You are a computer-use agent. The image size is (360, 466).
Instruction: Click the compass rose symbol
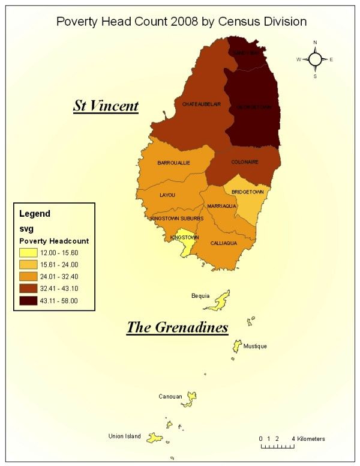pyautogui.click(x=315, y=59)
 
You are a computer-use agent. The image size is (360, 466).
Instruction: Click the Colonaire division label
pyautogui.click(x=245, y=162)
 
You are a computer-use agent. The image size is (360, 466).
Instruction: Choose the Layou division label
pyautogui.click(x=167, y=195)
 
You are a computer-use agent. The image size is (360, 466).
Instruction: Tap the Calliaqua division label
pyautogui.click(x=225, y=243)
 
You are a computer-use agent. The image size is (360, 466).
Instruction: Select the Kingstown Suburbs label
pyautogui.click(x=176, y=219)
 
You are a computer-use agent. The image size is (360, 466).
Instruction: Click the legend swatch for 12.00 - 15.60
pyautogui.click(x=28, y=252)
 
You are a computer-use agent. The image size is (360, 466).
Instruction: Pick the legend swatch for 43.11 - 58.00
pyautogui.click(x=28, y=301)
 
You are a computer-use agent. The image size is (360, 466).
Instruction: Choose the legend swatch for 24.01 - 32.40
pyautogui.click(x=28, y=276)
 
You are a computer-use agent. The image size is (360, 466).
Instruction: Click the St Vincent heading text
pyautogui.click(x=106, y=106)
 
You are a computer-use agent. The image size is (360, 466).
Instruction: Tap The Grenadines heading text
pyautogui.click(x=177, y=327)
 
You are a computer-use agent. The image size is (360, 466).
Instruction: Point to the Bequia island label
pyautogui.click(x=200, y=295)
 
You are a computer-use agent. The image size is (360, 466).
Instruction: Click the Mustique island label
pyautogui.click(x=255, y=346)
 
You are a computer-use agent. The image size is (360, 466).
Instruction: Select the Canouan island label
pyautogui.click(x=170, y=396)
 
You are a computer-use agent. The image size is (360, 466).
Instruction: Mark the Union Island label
pyautogui.click(x=124, y=436)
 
